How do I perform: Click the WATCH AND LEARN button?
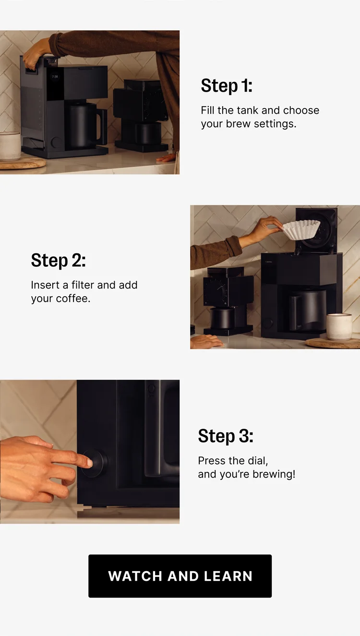coord(180,576)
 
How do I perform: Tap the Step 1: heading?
coord(226,86)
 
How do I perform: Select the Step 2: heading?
coord(58,261)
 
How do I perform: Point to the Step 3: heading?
coord(225,436)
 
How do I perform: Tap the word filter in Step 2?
coord(83,285)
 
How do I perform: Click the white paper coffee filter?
coord(301,229)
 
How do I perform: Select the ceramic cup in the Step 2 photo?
coord(339,326)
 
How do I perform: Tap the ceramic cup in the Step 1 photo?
coord(10,146)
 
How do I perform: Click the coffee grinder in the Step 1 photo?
coord(139,115)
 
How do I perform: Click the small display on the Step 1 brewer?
coord(55,76)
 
